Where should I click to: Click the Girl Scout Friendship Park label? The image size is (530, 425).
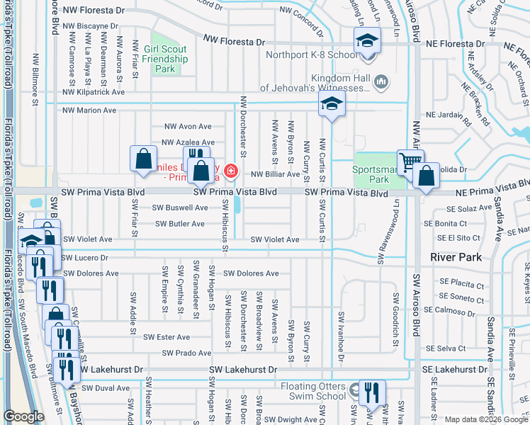pyautogui.click(x=165, y=59)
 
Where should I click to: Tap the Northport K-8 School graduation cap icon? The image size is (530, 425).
pyautogui.click(x=367, y=40)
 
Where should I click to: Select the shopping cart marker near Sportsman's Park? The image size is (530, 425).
pyautogui.click(x=410, y=162)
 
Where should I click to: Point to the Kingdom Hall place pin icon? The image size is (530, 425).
pyautogui.click(x=380, y=83)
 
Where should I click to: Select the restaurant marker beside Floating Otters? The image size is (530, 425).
pyautogui.click(x=371, y=392)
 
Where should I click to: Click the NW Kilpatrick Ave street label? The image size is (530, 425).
pyautogui.click(x=93, y=92)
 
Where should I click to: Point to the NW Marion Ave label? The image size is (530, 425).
pyautogui.click(x=89, y=110)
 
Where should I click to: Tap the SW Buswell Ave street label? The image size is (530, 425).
pyautogui.click(x=180, y=208)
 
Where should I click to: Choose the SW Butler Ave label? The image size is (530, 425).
pyautogui.click(x=179, y=224)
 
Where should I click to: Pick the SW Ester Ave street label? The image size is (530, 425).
pyautogui.click(x=167, y=337)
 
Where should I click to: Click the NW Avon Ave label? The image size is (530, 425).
pyautogui.click(x=188, y=127)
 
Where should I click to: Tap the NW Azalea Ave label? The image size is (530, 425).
pyautogui.click(x=188, y=142)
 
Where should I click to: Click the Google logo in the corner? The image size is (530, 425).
pyautogui.click(x=23, y=416)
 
